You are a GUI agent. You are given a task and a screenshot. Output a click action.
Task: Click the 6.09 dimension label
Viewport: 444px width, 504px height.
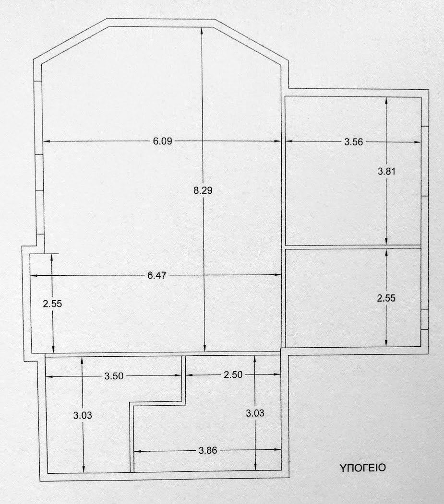coord(162,141)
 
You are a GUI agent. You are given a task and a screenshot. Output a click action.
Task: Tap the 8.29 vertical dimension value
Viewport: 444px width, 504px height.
coord(203,190)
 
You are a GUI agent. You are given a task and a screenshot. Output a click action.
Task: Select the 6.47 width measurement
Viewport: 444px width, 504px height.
coord(156,275)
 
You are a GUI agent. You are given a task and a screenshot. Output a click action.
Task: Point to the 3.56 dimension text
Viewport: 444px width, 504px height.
coord(354,142)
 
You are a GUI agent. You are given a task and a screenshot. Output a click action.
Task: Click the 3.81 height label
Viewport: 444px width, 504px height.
coord(386,171)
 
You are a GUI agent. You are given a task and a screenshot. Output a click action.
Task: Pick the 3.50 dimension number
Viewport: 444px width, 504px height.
coord(114,376)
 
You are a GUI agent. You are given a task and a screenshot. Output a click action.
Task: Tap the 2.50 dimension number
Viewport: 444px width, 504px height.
coord(233,375)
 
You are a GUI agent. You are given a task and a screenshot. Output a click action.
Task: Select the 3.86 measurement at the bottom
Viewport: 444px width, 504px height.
coord(208,450)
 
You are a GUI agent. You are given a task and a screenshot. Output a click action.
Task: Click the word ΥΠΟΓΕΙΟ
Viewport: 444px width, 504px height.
coord(362,468)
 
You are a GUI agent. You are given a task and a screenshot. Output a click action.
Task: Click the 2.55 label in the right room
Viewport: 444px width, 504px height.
coord(386,298)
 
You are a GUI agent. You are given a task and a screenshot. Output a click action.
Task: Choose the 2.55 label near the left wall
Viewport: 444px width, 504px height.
coord(52,304)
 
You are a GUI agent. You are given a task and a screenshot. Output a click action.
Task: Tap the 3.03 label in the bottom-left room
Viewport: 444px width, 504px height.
coord(83,415)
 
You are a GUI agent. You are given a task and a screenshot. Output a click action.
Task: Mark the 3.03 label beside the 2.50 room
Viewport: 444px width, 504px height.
coord(255,413)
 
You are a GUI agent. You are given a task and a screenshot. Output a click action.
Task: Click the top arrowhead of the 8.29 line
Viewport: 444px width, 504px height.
coord(202,30)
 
